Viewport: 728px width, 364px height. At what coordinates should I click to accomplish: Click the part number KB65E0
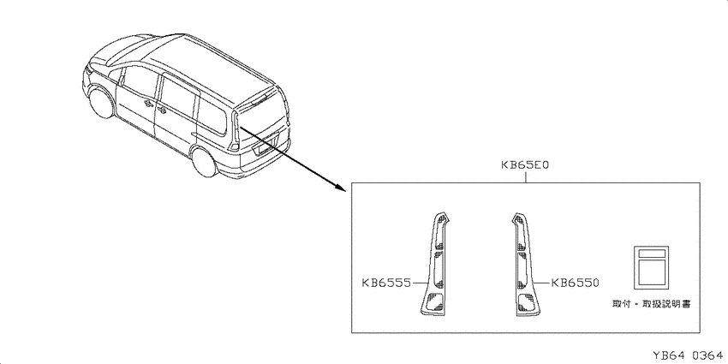pos(526,164)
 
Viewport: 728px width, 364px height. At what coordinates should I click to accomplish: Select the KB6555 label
pos(386,283)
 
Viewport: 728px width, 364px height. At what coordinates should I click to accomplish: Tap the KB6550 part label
pos(576,283)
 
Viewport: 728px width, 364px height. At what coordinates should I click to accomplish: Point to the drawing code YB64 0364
pos(688,356)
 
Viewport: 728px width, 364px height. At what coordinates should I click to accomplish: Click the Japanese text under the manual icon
pos(651,304)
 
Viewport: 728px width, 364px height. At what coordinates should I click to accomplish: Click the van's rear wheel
pos(205,162)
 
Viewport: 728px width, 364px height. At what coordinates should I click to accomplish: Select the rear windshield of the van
pos(261,111)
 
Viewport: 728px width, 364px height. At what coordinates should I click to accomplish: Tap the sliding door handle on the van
pos(162,110)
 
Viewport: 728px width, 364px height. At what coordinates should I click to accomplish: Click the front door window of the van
pos(139,86)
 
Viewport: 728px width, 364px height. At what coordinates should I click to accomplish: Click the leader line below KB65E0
pos(526,177)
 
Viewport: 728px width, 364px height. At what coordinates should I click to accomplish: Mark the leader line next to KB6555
pos(421,283)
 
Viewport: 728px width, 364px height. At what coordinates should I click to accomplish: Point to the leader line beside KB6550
pos(541,283)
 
